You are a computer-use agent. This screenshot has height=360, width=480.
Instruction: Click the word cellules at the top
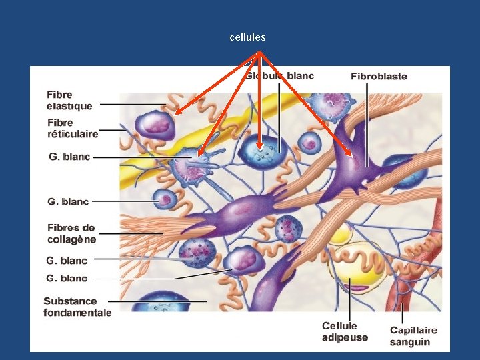(x=247, y=37)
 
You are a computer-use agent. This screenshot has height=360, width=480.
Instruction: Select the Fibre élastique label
(x=69, y=101)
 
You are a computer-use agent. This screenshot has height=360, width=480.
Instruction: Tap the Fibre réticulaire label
(x=73, y=128)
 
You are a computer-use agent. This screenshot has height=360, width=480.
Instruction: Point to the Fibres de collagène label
(x=71, y=233)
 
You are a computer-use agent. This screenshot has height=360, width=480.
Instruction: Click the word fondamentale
(x=77, y=313)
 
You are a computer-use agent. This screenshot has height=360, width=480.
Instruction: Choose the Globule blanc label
(x=279, y=76)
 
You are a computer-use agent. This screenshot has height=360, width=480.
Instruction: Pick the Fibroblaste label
(x=379, y=76)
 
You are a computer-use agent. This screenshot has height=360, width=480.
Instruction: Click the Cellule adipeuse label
(x=344, y=331)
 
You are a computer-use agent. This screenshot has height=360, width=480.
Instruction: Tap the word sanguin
(x=410, y=342)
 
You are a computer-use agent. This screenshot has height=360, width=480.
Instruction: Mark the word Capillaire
(x=413, y=330)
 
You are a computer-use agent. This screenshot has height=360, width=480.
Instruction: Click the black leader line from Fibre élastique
(x=133, y=104)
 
